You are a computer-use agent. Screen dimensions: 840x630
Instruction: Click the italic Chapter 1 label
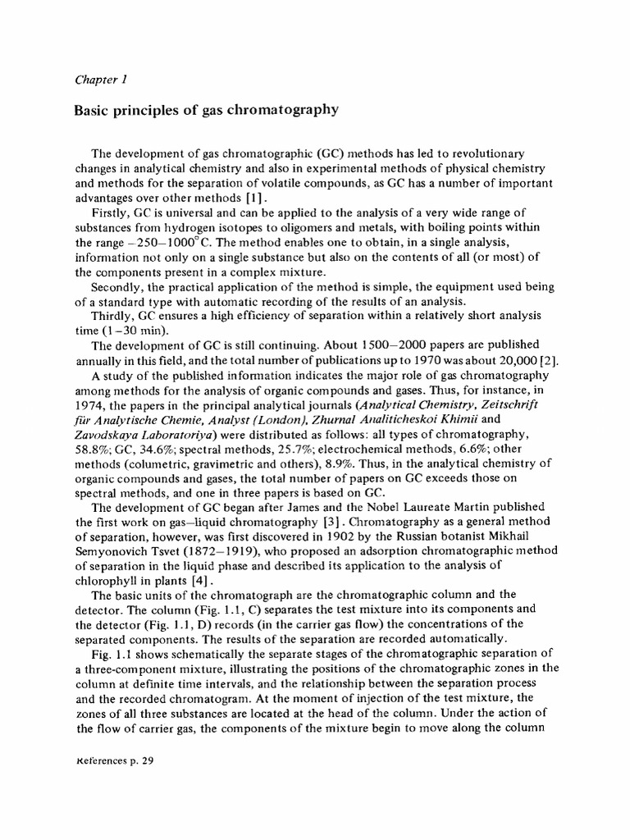(x=99, y=80)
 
